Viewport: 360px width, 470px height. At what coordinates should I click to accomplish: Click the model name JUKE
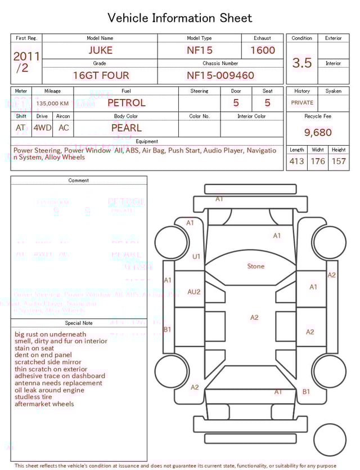coord(100,50)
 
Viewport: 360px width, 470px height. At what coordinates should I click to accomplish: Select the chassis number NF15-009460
coord(220,75)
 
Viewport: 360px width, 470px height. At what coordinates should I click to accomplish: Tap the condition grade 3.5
coord(302,62)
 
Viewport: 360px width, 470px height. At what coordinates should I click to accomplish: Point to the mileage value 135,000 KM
coord(52,104)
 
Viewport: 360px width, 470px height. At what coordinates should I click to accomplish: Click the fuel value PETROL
coord(126,103)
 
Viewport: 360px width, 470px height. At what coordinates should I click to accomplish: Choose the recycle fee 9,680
coord(318,133)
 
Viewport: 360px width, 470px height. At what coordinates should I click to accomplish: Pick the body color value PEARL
coord(126,128)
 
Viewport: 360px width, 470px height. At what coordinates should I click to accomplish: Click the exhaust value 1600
coord(263,50)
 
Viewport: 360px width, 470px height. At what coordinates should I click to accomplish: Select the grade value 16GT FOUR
coord(101,75)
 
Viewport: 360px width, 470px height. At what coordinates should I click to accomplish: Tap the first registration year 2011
coord(26,56)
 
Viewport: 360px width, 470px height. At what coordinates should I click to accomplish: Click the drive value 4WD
coord(42,128)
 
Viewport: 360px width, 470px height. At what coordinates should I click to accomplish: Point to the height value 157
coord(339,161)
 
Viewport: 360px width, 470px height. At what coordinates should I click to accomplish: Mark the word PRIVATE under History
coord(302,103)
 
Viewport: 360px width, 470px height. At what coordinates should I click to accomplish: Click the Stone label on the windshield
coord(255,266)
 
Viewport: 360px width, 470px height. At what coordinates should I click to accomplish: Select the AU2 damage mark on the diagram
coord(193,292)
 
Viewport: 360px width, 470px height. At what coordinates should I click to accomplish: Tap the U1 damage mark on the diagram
coord(196,257)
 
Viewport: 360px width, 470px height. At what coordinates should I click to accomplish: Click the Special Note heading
coord(79,323)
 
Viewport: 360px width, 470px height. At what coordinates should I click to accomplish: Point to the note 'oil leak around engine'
coord(49,390)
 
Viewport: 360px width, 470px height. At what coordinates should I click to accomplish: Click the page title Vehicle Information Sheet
coord(180,18)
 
